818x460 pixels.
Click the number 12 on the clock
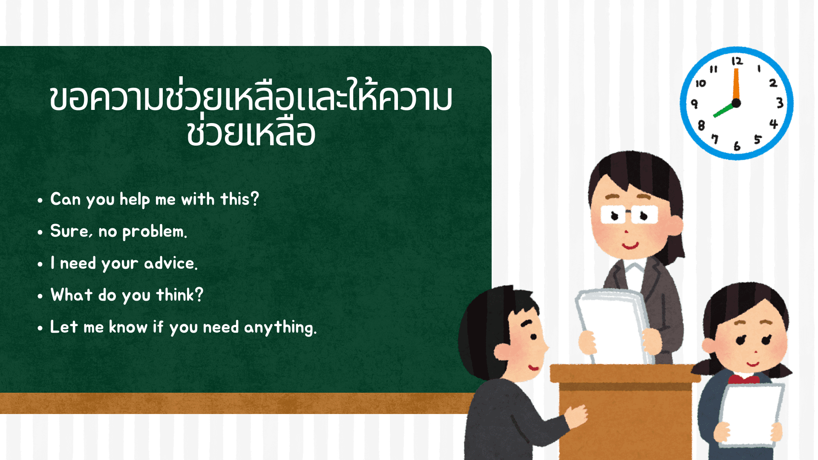tap(737, 61)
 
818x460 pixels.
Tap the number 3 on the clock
tap(780, 103)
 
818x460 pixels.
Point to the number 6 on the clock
tap(737, 146)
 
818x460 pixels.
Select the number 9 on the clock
tap(694, 103)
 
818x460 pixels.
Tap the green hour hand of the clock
tap(723, 110)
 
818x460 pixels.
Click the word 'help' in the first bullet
tap(134, 199)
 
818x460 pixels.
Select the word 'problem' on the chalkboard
tap(153, 232)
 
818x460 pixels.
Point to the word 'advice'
tap(170, 264)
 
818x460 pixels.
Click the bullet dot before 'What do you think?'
tap(40, 296)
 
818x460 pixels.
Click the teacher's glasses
tap(629, 214)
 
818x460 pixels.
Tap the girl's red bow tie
tap(743, 379)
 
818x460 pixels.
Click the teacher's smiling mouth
tap(630, 246)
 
